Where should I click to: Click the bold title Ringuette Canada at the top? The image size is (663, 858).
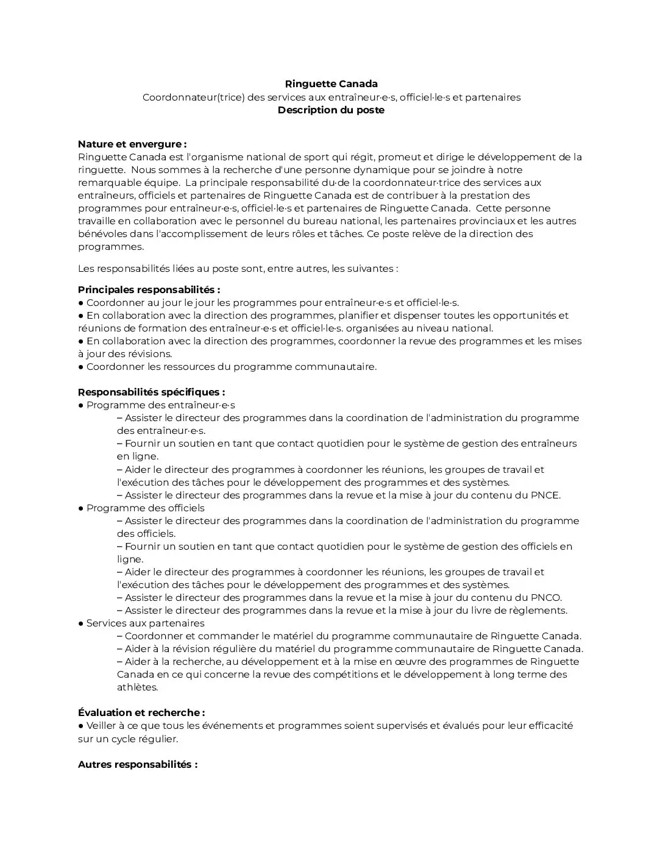coord(331,84)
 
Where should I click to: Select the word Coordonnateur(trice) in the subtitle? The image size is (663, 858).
coord(193,97)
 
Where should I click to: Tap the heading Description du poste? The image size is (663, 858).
coord(331,110)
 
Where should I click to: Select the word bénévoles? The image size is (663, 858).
coord(102,234)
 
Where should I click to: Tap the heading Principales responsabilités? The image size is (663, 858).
coord(149,290)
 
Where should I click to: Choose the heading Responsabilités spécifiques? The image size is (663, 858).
coord(151,392)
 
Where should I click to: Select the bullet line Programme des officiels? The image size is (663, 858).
coord(145,508)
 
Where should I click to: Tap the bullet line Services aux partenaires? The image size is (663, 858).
coord(145,623)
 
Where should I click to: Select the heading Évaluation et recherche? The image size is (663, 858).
coord(141,713)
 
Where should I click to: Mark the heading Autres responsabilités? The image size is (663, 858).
coord(137,765)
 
